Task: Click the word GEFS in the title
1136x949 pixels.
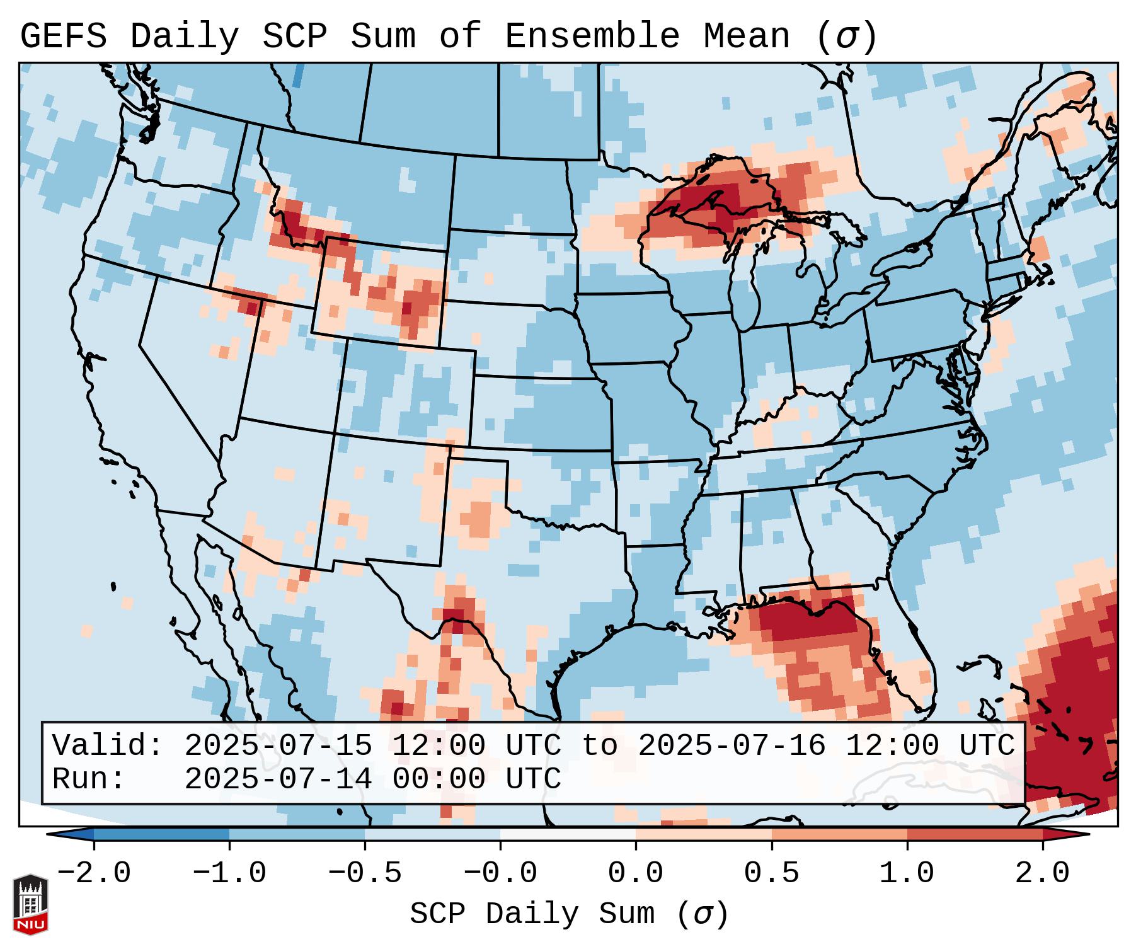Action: (63, 37)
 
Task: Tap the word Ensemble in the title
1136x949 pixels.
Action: (592, 37)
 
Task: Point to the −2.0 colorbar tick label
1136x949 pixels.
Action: (93, 873)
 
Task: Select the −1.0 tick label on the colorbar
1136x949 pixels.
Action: (229, 873)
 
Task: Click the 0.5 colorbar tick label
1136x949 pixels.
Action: (771, 873)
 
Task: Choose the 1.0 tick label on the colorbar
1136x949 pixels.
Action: (907, 873)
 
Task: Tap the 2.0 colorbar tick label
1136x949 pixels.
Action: (1042, 873)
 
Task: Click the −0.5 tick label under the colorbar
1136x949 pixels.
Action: (364, 873)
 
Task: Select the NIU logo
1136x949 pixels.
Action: (30, 904)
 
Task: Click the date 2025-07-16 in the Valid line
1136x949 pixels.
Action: (732, 746)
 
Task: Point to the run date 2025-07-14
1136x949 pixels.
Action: (278, 779)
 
